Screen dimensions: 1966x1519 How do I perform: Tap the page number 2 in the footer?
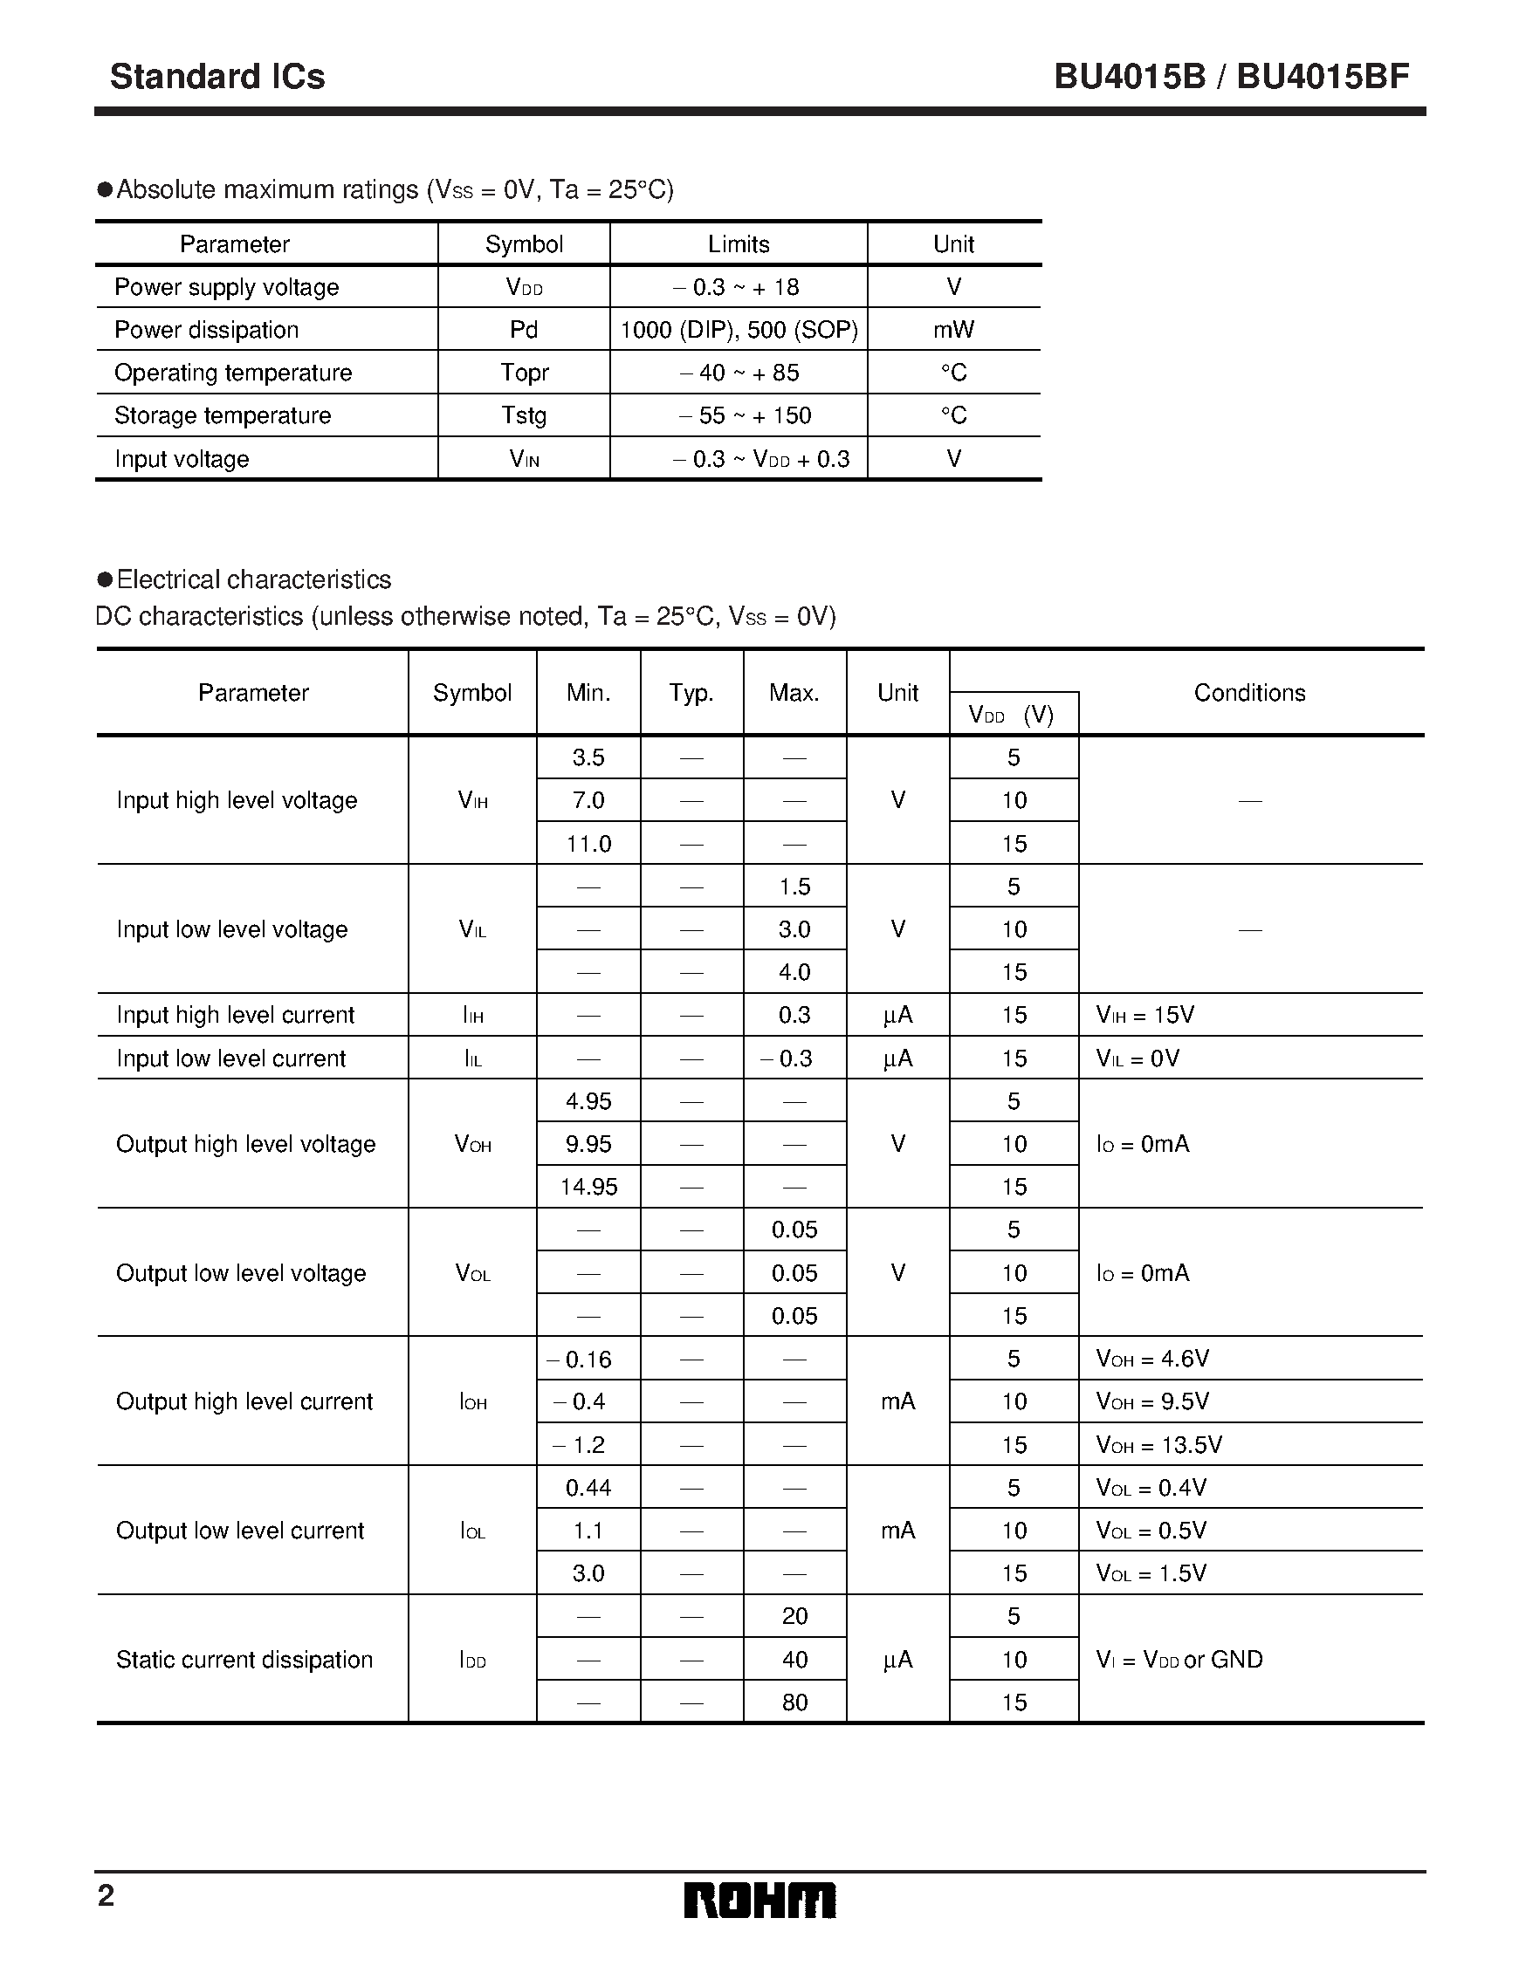pos(107,1896)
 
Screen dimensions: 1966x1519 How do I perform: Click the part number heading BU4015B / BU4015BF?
pos(1231,78)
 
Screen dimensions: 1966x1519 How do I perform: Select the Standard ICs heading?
pos(217,78)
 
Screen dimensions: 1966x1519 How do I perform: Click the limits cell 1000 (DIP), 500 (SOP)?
pos(739,330)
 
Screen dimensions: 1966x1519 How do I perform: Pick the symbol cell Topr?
pos(524,373)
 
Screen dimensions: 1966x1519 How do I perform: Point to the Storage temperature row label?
pos(223,415)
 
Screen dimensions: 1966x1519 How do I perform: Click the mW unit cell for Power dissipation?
pos(953,330)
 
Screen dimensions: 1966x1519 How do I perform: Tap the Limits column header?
pos(739,244)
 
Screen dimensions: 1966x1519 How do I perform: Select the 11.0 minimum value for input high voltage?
pos(589,844)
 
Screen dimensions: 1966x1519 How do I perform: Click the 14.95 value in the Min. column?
pos(589,1187)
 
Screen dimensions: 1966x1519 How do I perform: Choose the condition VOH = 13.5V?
pos(1158,1445)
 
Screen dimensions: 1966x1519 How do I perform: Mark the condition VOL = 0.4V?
pos(1151,1488)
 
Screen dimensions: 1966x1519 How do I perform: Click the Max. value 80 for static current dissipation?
pos(794,1702)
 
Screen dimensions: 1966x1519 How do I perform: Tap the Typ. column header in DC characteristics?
pos(691,692)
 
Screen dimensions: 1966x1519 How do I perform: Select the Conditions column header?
pos(1249,692)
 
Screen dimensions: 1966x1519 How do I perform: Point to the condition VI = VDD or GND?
pos(1179,1659)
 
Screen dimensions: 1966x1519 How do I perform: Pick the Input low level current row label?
pos(230,1058)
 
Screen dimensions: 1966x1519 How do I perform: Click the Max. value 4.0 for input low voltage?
pos(794,972)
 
